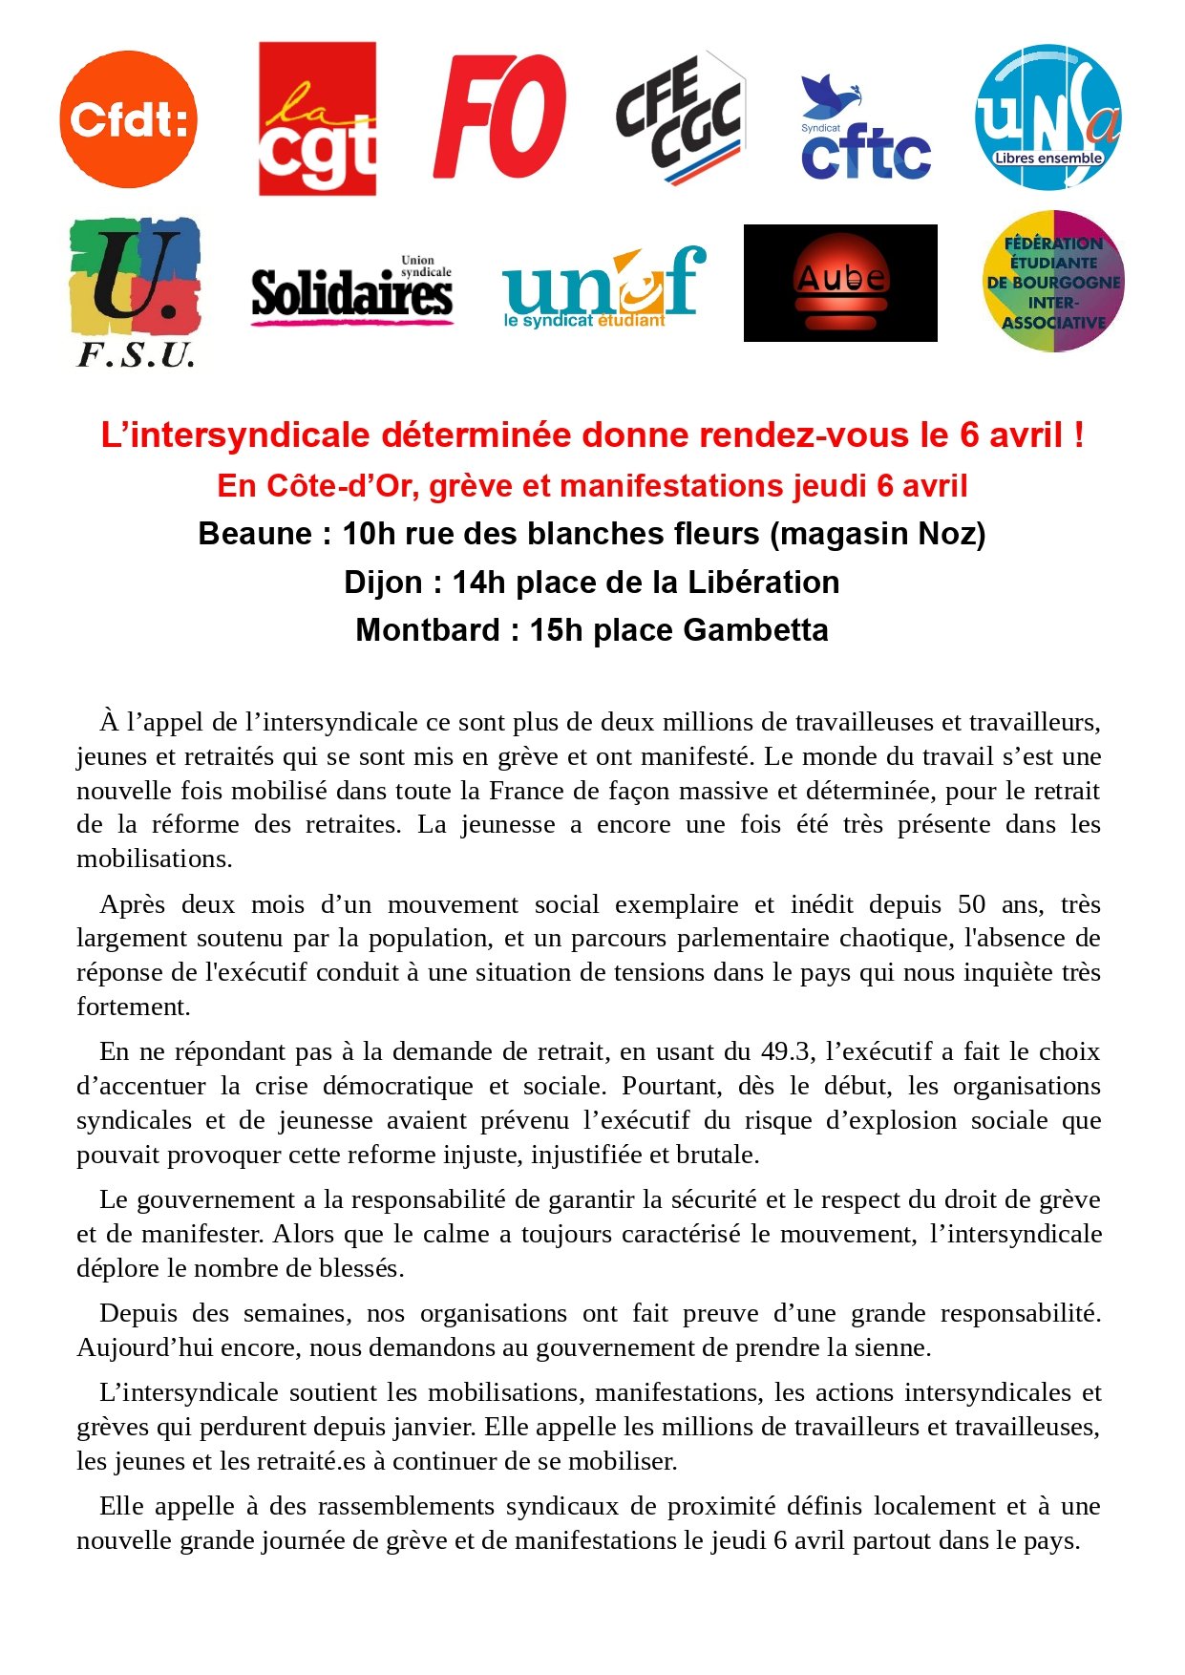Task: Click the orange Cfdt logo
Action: point(128,119)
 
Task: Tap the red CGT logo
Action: point(317,118)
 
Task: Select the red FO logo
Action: point(499,116)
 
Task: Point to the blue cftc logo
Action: point(865,128)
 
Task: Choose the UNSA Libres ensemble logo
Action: point(1047,117)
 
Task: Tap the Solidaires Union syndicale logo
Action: point(351,290)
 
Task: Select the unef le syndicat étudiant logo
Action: point(603,287)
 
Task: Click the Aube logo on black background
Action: point(840,283)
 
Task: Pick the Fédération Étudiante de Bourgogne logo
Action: point(1053,282)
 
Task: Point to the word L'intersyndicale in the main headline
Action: point(235,435)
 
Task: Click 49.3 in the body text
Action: point(787,1051)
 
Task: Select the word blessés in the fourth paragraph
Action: point(362,1268)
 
